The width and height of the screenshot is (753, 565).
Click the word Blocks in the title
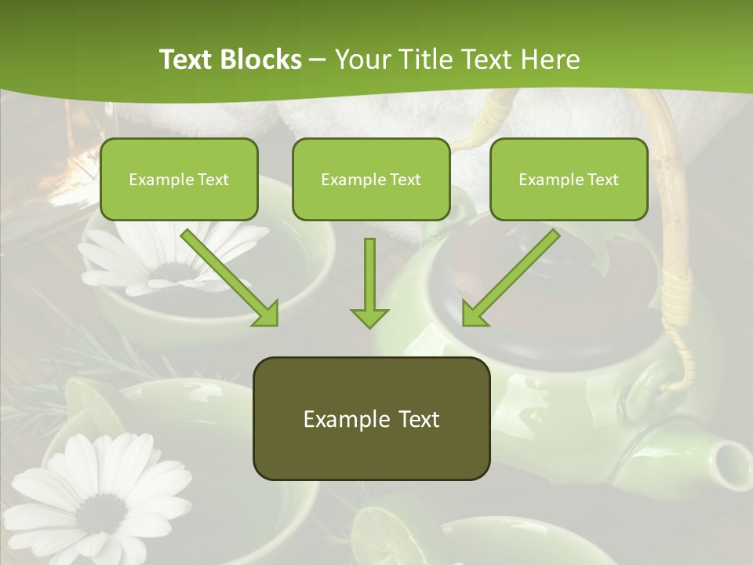pyautogui.click(x=262, y=60)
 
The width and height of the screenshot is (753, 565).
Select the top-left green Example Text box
pyautogui.click(x=179, y=179)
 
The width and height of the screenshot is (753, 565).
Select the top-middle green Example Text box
pyautogui.click(x=371, y=179)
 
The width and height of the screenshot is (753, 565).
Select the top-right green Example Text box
pyautogui.click(x=569, y=179)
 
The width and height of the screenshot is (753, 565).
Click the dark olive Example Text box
pyautogui.click(x=371, y=418)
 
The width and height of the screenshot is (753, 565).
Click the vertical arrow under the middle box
pyautogui.click(x=369, y=282)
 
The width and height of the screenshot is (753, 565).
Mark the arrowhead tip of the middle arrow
pyautogui.click(x=369, y=326)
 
